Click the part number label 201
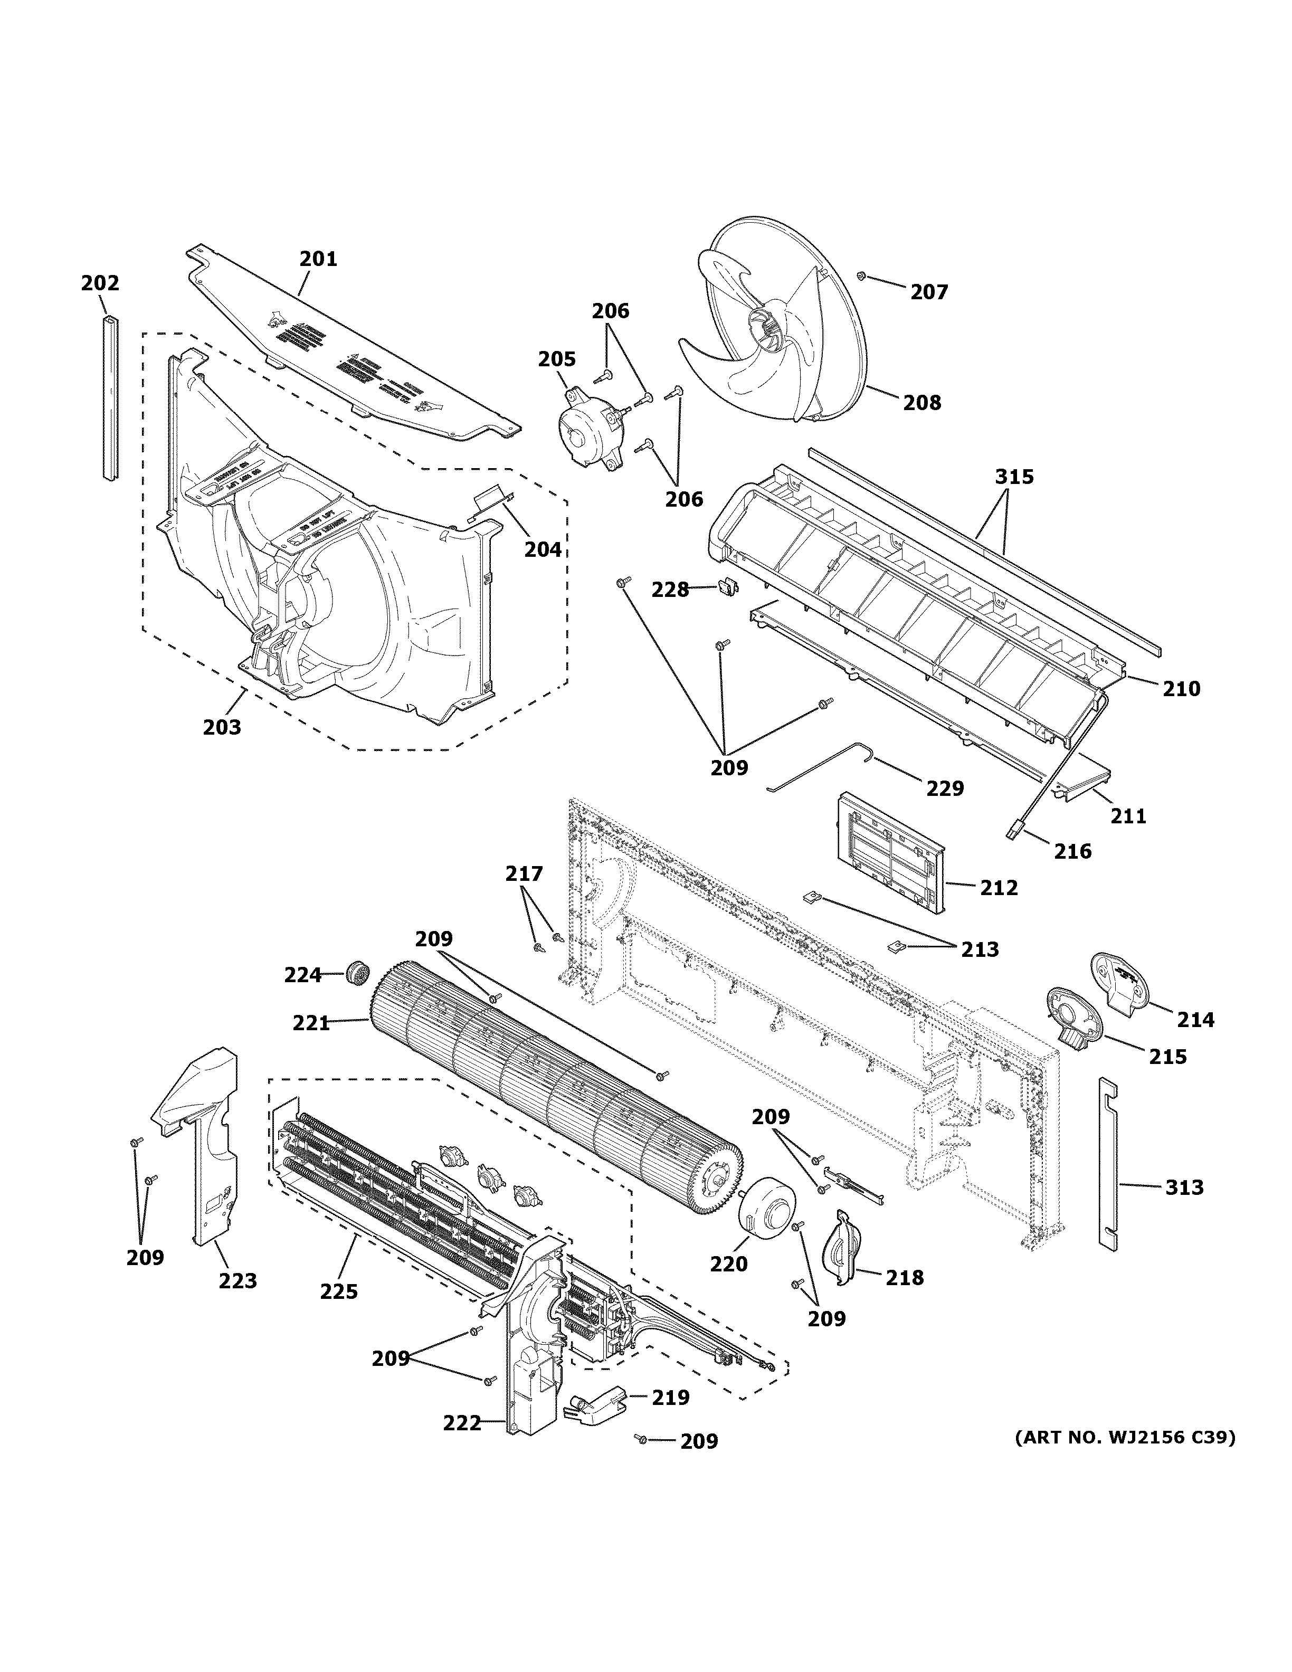(318, 259)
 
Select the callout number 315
(1014, 477)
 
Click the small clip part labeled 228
(727, 587)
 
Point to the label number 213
(980, 949)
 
